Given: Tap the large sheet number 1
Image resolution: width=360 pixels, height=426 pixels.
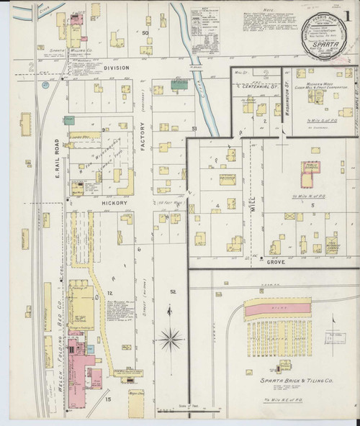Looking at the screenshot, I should (x=348, y=15).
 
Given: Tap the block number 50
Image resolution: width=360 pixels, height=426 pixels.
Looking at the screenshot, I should (x=145, y=33).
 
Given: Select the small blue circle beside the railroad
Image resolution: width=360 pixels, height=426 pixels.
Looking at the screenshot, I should (x=45, y=85).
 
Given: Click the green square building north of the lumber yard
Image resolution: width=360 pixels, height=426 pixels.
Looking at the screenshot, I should (x=69, y=120).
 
